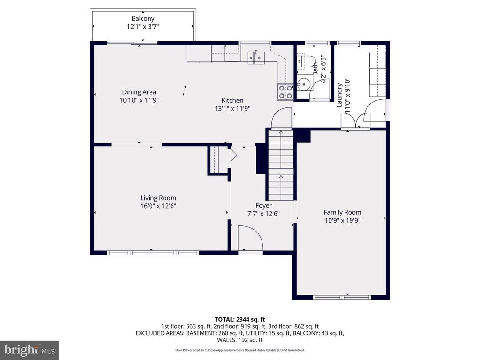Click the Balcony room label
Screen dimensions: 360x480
143,18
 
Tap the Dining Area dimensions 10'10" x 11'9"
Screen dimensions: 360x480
139,100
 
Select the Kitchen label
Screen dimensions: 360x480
232,100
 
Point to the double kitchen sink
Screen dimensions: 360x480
256,57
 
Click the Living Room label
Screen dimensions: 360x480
158,198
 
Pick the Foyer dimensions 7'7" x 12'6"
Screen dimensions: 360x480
263,213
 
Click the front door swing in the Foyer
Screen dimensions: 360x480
250,238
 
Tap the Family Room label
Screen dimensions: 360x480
343,212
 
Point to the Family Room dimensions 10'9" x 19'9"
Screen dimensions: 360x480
343,220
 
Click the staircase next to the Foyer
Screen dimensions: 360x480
281,164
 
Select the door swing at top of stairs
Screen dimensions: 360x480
281,118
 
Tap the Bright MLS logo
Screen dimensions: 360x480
29,350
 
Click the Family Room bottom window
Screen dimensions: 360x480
342,297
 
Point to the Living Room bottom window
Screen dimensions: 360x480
153,253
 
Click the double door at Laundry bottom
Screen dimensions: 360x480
357,121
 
